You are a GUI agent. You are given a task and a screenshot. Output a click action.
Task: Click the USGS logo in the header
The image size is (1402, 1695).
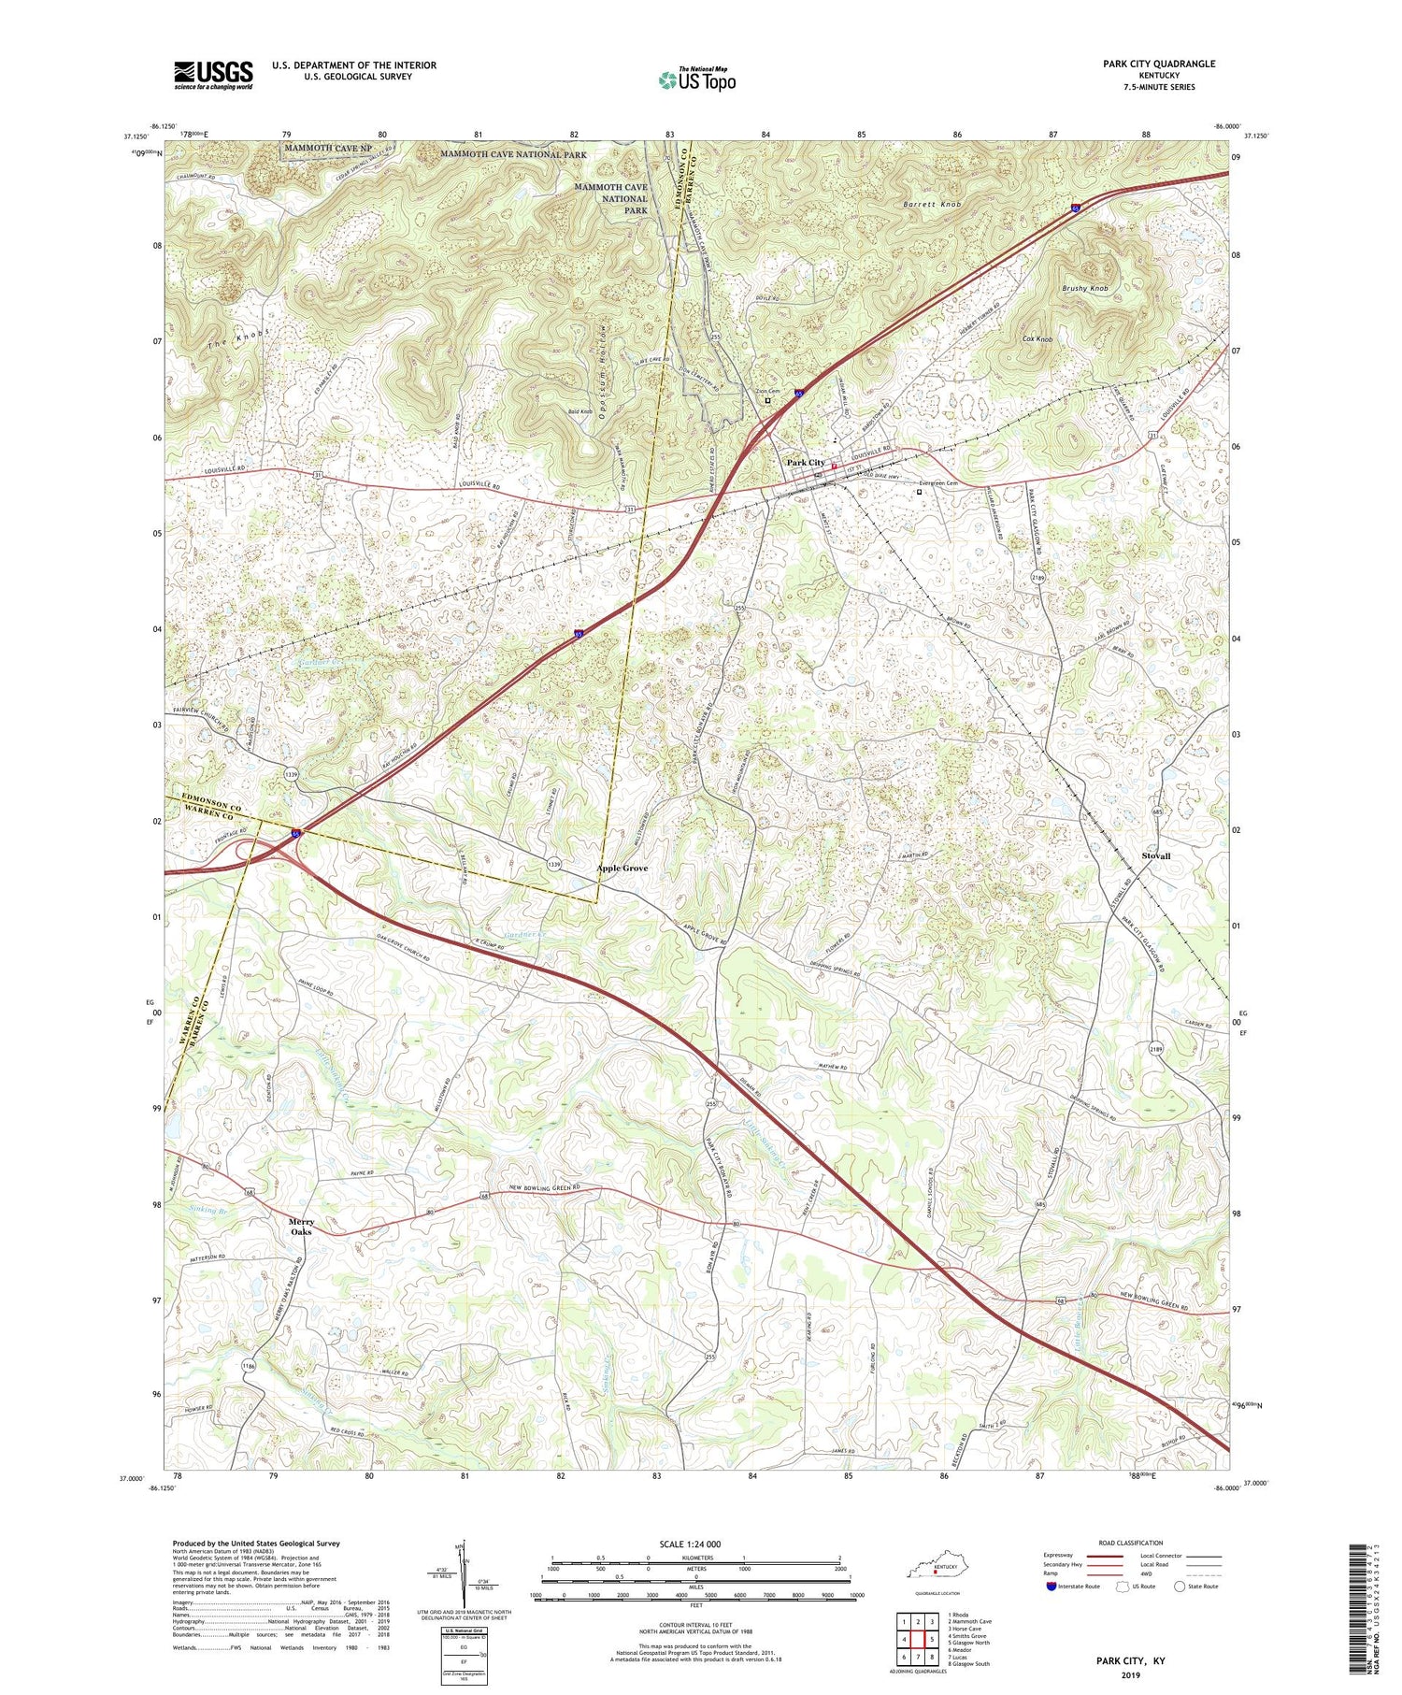tap(213, 75)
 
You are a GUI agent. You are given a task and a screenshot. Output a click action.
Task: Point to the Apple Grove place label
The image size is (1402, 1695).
tap(622, 869)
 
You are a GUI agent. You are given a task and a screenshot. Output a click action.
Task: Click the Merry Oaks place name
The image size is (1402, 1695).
tap(300, 1227)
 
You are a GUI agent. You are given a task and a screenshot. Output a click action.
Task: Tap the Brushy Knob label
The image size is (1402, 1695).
tap(1084, 289)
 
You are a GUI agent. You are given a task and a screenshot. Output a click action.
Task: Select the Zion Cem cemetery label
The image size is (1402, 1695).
tap(767, 392)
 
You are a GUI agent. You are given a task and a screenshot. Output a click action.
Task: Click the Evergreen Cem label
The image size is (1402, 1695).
tap(938, 483)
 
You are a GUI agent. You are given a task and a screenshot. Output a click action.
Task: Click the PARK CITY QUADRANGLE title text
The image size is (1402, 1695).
tap(1159, 64)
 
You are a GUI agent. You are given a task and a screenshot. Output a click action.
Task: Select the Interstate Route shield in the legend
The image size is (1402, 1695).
tap(1053, 1587)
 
